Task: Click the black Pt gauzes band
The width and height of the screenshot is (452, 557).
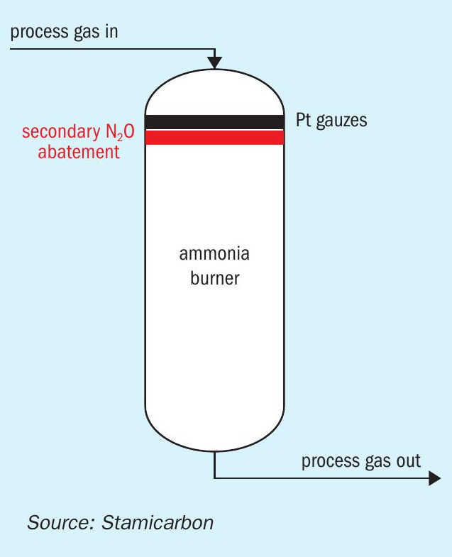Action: pos(215,121)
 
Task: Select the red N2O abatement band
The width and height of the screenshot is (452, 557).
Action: pos(215,137)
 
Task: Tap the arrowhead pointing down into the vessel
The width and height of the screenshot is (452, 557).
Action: pos(215,62)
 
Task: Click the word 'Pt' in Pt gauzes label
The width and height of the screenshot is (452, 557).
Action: pos(304,120)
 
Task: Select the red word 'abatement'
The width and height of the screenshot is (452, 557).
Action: pos(79,151)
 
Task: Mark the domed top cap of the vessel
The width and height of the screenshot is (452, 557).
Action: pos(215,91)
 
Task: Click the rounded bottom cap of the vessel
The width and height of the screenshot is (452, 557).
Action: pos(215,433)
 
